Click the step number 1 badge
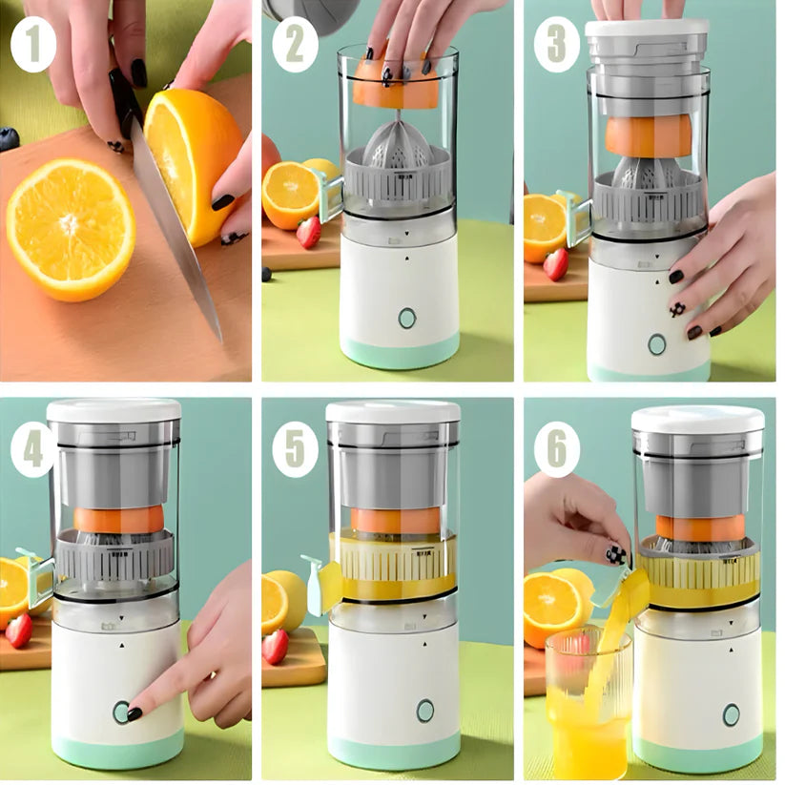tap(34, 46)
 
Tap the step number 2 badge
tap(296, 46)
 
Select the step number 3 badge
tap(557, 44)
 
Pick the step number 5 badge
tap(296, 452)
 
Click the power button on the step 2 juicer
tap(407, 318)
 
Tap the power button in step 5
tap(425, 711)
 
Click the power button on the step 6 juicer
tap(731, 715)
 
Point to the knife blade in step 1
tap(176, 230)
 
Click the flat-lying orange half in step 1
tap(72, 229)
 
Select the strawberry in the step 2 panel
tap(309, 232)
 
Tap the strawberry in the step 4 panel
tap(19, 630)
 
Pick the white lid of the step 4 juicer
tap(114, 410)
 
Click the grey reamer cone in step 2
tap(399, 142)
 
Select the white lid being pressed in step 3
tap(647, 28)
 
